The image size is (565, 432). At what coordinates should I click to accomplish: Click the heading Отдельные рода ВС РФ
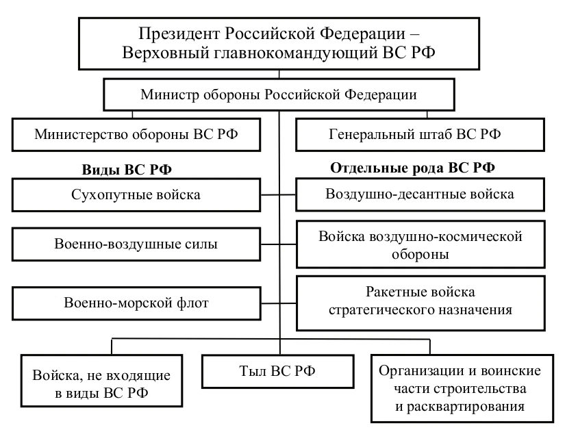pos(413,168)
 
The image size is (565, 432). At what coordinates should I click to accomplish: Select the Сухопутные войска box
pos(136,195)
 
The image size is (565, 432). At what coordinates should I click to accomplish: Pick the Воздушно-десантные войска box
pos(420,194)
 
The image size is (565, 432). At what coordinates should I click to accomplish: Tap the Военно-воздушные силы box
pos(136,244)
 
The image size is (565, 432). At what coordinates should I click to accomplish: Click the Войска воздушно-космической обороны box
pos(420,244)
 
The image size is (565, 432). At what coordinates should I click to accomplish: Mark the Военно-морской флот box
pos(136,302)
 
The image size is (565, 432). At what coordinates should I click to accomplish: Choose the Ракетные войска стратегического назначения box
pos(420,301)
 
